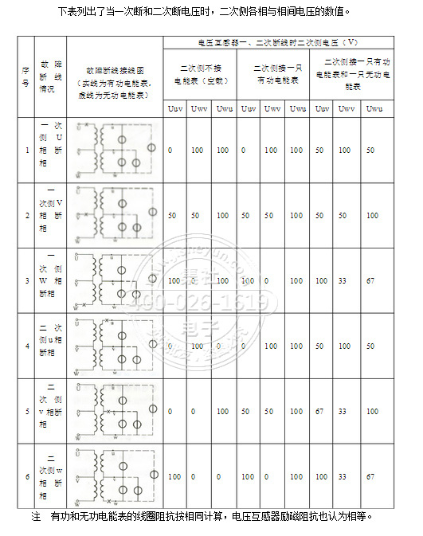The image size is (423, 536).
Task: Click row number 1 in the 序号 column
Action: coord(27,150)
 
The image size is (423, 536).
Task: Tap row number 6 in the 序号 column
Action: coord(27,476)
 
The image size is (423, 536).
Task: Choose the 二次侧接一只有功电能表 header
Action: coord(272,75)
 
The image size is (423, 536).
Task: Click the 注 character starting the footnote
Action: coord(36,516)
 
